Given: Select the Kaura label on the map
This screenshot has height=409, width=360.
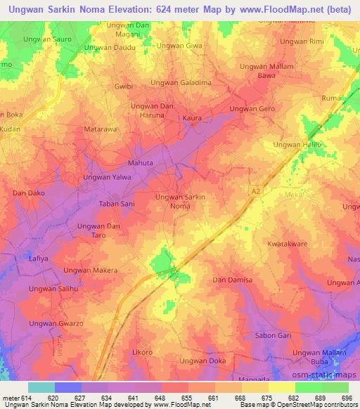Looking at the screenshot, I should click(x=192, y=119).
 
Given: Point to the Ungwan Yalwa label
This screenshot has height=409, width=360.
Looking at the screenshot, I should click(x=108, y=177).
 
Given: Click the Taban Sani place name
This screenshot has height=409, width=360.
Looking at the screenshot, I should click(x=117, y=203).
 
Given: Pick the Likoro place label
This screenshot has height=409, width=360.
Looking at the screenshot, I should click(x=142, y=351).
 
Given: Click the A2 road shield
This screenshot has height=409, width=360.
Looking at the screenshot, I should click(x=255, y=190).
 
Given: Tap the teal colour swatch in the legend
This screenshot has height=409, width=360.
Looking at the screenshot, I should click(x=41, y=387).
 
